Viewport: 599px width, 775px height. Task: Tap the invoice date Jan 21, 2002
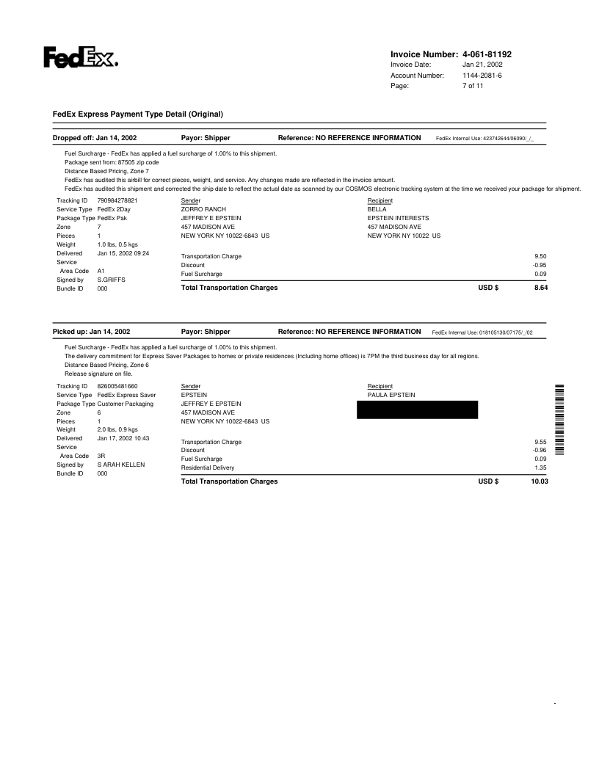482,65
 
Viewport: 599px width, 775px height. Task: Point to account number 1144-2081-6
482,76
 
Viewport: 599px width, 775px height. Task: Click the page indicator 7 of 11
473,86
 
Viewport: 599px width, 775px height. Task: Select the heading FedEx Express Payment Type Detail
137,114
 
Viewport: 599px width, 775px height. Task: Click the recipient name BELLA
377,209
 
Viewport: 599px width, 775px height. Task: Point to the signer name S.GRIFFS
112,280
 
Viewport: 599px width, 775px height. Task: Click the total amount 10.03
539,481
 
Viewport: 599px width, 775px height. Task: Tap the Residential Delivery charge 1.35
542,467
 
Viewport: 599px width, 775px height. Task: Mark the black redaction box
416,410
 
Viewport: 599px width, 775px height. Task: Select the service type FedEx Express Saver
126,395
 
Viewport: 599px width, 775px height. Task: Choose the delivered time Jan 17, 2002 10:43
123,438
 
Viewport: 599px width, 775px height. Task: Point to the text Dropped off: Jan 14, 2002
95,137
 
